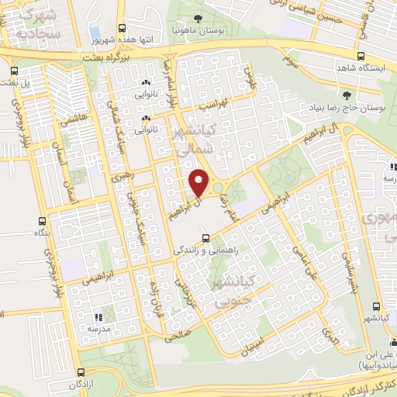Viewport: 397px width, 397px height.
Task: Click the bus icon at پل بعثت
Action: pos(14,71)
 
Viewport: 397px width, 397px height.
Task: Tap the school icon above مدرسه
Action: pos(98,317)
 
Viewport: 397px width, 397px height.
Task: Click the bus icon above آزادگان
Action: pos(81,371)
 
